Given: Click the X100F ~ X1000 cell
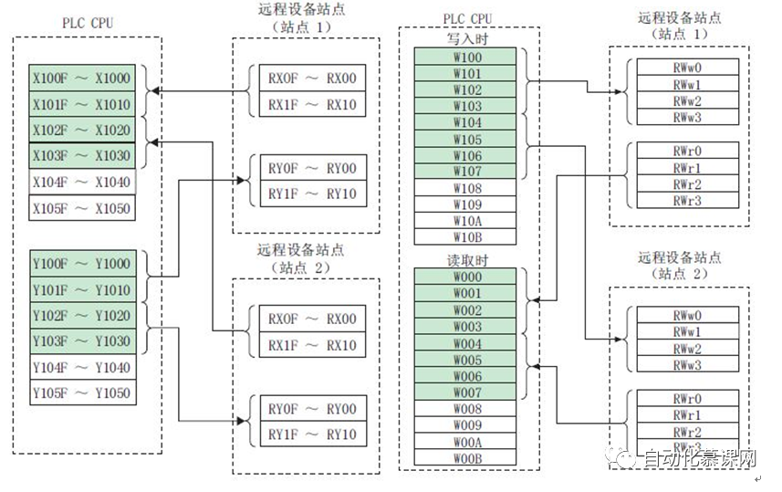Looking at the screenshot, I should coord(81,79).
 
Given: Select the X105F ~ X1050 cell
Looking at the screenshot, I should coord(81,209).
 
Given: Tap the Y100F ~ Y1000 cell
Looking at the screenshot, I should coord(81,264).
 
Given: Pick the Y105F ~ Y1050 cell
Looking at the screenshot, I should coord(81,393).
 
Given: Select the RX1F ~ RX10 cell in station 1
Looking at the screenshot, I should coord(307,104).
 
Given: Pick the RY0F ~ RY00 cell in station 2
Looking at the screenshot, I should coord(307,410).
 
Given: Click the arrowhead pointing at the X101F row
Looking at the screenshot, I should coord(153,91).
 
